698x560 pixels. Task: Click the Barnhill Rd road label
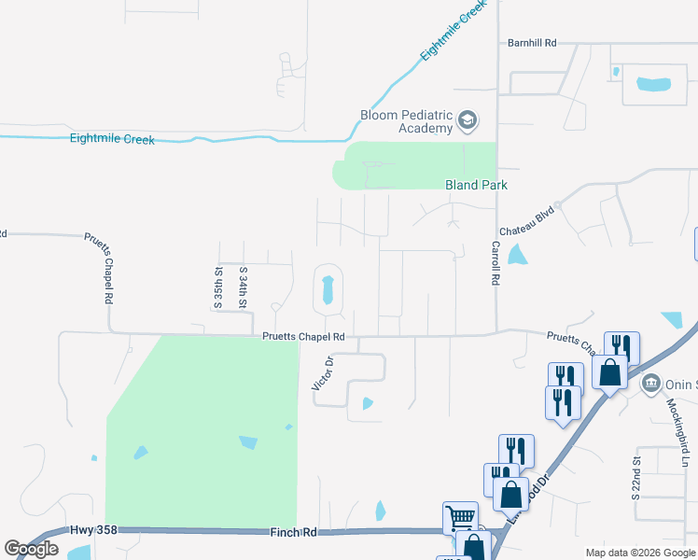point(532,43)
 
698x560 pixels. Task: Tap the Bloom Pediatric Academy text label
point(406,121)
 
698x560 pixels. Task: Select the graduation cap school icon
point(467,121)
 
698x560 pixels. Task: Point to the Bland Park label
point(476,186)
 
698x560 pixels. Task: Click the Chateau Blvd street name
point(527,221)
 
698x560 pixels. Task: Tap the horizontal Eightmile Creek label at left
point(112,140)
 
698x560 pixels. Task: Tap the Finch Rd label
point(297,532)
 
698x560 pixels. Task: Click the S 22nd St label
point(636,478)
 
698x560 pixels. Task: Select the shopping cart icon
point(459,517)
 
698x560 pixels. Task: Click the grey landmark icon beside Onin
point(651,384)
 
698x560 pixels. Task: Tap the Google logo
point(31,549)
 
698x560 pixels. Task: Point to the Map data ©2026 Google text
point(639,553)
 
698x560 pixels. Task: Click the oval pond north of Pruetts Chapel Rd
point(327,289)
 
